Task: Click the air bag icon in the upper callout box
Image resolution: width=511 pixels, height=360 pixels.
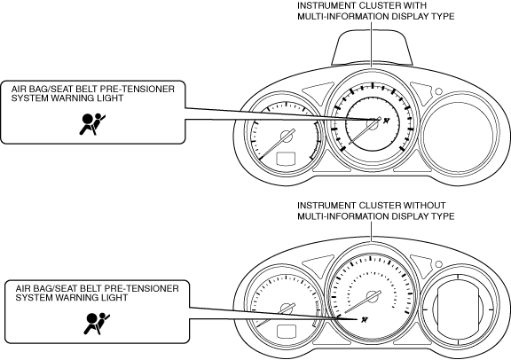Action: click(93, 124)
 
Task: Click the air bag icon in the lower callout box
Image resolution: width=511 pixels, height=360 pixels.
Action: click(97, 324)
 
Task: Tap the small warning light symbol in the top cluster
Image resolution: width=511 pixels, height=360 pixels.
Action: click(387, 121)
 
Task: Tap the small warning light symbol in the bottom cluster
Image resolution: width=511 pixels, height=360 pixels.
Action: click(365, 319)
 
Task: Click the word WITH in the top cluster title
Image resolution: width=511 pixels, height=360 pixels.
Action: click(414, 5)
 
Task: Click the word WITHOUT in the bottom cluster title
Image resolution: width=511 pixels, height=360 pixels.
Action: click(424, 205)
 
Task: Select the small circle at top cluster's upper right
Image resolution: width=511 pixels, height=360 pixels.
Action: click(438, 91)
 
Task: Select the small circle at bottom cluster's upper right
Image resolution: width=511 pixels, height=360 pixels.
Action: click(438, 263)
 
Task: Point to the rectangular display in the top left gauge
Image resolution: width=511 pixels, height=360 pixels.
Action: click(286, 159)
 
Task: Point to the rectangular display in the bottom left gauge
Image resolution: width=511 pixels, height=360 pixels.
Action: click(286, 332)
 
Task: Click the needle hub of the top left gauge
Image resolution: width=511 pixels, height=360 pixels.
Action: click(287, 136)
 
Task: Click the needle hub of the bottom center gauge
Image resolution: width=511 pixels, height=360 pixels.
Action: click(372, 296)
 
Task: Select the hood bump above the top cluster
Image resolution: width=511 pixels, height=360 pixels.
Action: click(372, 47)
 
